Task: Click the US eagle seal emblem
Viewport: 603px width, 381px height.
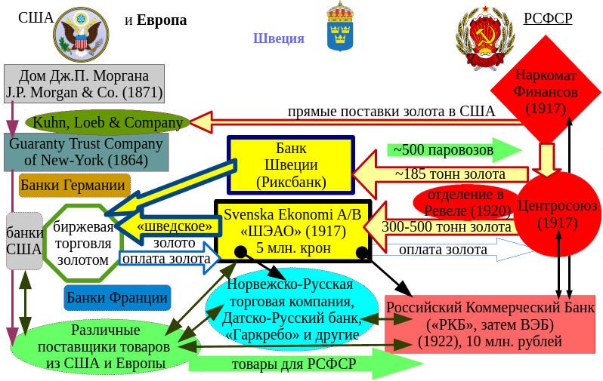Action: [84, 33]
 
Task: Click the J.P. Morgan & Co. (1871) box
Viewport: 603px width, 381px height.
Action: [84, 83]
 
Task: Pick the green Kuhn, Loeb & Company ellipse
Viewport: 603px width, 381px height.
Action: [106, 121]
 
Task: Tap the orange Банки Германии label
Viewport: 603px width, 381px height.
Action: [73, 185]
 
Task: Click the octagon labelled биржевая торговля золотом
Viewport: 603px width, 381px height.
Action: [82, 242]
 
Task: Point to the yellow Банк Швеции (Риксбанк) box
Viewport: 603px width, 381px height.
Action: [290, 164]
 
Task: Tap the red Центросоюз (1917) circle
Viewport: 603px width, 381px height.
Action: [557, 214]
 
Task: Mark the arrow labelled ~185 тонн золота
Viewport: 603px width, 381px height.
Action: [438, 174]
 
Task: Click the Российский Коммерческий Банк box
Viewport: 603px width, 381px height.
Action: [490, 325]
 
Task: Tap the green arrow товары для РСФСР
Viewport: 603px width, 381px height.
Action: [302, 364]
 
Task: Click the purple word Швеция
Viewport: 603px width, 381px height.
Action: [278, 39]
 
